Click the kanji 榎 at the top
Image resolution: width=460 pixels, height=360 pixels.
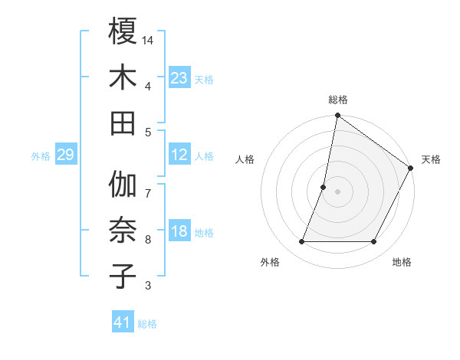click(123, 31)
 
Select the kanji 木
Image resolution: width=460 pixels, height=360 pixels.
click(123, 77)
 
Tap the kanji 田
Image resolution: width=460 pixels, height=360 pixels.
click(123, 123)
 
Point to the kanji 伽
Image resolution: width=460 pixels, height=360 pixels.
click(123, 185)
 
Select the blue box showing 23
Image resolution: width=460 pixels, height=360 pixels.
click(179, 77)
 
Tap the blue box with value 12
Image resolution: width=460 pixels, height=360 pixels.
click(179, 155)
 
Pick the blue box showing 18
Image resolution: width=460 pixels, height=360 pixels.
click(179, 231)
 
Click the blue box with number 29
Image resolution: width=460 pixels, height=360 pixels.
click(65, 155)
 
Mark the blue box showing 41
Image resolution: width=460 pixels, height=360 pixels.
click(123, 322)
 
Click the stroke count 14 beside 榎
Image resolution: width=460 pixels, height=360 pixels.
click(149, 39)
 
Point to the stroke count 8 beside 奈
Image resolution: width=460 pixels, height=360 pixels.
click(148, 240)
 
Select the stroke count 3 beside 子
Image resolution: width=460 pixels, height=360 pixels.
click(148, 286)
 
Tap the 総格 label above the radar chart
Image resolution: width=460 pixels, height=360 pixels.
click(337, 100)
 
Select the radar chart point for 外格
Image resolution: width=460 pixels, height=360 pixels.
click(301, 242)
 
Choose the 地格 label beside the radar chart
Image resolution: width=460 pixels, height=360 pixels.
click(401, 263)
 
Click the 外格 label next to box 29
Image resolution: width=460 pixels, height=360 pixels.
click(41, 156)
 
